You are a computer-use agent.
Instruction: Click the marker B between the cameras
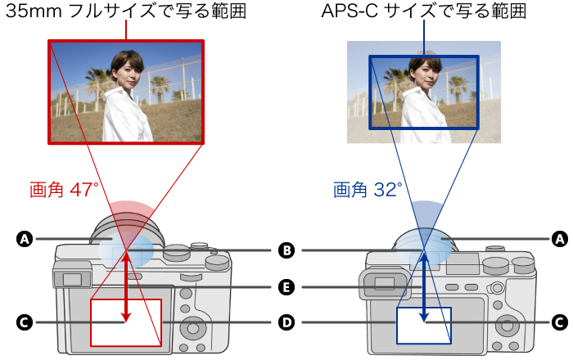(286, 250)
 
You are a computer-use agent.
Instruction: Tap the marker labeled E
(286, 287)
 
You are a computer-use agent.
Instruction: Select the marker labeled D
(286, 322)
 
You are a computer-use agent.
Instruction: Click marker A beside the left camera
(25, 239)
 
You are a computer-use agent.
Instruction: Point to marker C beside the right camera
(560, 322)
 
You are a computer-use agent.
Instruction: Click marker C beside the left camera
(25, 322)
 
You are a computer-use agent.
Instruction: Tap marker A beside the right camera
(560, 239)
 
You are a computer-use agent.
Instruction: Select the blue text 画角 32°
(368, 191)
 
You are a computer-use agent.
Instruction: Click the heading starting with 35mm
(126, 13)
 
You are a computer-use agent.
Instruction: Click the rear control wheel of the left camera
(194, 328)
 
